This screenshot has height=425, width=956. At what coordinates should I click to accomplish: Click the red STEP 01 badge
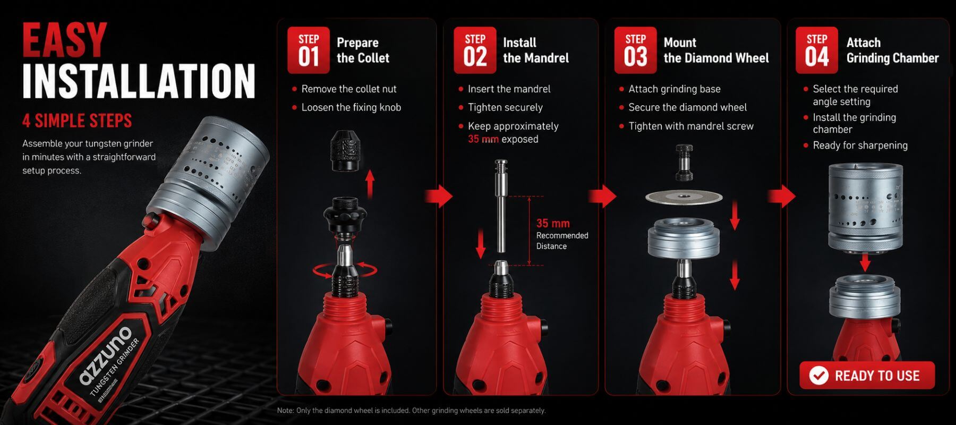tap(309, 50)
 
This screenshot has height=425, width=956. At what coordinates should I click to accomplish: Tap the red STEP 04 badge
tap(817, 50)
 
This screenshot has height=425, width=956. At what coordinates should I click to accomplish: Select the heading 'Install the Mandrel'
tap(536, 50)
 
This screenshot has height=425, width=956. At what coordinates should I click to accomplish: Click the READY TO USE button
tap(867, 376)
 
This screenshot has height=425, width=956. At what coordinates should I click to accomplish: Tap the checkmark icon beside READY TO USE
tap(819, 376)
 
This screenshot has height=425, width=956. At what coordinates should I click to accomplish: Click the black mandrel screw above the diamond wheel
tap(685, 163)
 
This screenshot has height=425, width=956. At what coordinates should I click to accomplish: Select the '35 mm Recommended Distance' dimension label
tap(562, 234)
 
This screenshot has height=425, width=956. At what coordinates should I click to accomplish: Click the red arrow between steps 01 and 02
tap(439, 196)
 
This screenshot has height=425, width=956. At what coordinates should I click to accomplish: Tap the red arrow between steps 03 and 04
tap(782, 196)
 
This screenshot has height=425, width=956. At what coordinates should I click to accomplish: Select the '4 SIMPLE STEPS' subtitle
tap(77, 121)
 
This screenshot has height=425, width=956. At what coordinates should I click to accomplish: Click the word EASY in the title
tap(64, 40)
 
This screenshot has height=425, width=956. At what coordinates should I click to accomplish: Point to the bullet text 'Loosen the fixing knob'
tap(351, 107)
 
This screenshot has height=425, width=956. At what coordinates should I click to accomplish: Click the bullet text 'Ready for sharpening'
tap(860, 145)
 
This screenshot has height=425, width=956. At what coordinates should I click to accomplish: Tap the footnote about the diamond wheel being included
tap(412, 410)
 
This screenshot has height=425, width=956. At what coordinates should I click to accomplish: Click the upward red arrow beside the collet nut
tap(370, 184)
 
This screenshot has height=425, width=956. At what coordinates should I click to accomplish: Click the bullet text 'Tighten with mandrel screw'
tap(691, 126)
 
